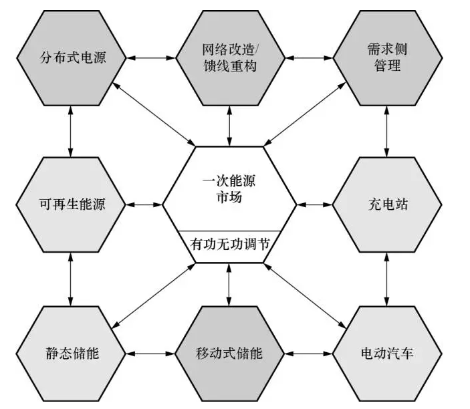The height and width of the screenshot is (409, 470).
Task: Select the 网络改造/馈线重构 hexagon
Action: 229,57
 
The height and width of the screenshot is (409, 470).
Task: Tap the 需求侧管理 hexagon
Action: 386,57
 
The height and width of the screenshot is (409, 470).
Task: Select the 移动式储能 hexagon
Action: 229,352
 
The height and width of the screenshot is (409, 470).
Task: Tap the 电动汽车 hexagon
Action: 386,352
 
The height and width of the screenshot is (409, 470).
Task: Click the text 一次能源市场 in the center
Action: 229,189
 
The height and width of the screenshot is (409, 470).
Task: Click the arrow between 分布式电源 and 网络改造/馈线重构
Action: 151,57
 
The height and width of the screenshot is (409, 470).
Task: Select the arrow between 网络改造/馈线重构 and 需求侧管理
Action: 308,57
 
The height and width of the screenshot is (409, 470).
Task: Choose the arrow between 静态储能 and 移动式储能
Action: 151,352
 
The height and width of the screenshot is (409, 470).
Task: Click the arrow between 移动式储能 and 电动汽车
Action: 308,352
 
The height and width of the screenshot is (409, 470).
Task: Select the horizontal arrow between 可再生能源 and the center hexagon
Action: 144,203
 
